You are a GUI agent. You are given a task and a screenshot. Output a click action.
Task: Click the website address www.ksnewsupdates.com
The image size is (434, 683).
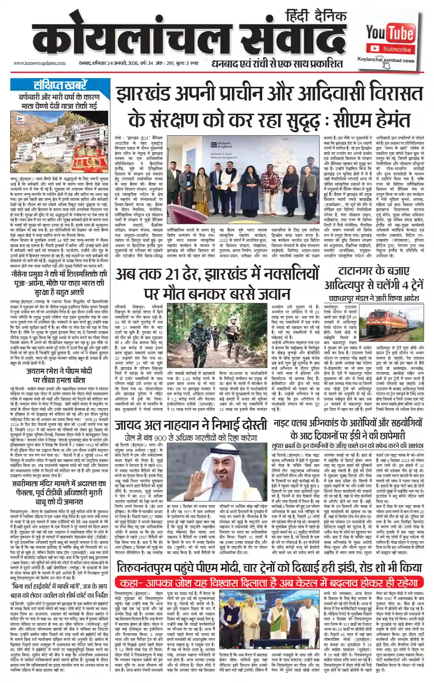(39, 63)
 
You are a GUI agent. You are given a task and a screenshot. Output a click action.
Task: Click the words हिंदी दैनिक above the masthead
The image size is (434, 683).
(316, 16)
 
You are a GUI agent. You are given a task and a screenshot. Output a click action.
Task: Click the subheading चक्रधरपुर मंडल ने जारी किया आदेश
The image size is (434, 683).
(374, 298)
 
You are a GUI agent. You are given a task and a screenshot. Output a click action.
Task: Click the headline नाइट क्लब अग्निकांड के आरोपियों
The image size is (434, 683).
(348, 423)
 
